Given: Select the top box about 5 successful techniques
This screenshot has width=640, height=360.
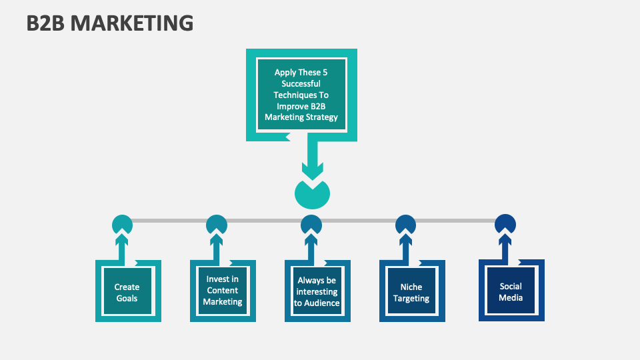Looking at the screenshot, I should [x=301, y=95].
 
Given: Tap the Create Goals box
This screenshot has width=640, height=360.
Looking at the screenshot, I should [x=127, y=293].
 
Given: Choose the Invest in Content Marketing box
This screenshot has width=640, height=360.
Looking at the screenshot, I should [x=222, y=291].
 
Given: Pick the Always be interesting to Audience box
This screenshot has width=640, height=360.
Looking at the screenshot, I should [x=317, y=292].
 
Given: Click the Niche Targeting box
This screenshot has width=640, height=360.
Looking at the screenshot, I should [x=411, y=293].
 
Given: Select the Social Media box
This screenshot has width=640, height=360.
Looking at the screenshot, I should [x=511, y=291].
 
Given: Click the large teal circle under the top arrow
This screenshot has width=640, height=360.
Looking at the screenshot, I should [x=312, y=195].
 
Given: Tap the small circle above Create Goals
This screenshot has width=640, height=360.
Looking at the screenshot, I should [x=122, y=224].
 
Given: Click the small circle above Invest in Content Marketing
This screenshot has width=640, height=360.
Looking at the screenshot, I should [x=217, y=224].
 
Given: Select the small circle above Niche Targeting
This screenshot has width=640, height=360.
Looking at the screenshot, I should [x=405, y=224].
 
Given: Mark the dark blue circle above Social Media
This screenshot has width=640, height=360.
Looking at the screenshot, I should [x=505, y=223].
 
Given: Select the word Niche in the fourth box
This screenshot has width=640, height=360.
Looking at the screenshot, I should [x=411, y=287].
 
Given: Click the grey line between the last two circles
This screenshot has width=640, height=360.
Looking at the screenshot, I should [x=455, y=221].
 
